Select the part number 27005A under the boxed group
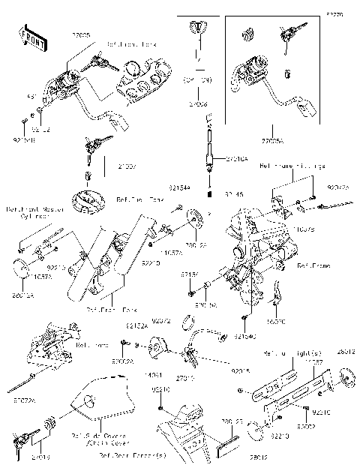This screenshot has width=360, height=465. point(269,139)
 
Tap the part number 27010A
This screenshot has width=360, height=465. point(226,159)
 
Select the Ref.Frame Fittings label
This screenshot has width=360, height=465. point(292,166)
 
